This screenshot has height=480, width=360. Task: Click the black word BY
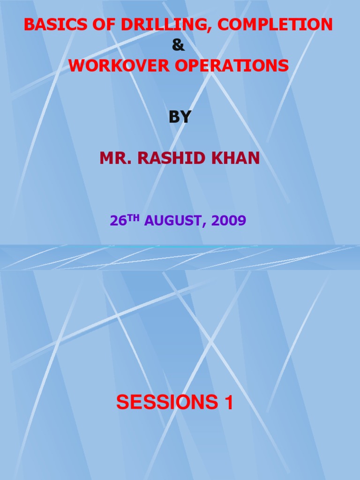click(180, 117)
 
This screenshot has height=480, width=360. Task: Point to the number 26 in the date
click(118, 221)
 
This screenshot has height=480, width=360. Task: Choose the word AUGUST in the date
click(174, 221)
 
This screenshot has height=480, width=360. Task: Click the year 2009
click(229, 221)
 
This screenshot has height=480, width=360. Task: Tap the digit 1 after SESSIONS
click(228, 403)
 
